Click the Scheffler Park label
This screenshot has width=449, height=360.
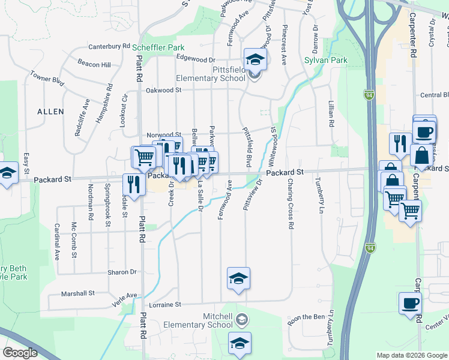157,47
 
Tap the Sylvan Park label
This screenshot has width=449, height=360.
326,61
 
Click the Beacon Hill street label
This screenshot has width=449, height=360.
94,64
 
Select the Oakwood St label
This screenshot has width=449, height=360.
163,90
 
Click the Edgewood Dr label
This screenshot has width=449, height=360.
195,60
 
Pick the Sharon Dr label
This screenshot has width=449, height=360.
122,272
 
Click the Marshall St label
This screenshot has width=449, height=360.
79,293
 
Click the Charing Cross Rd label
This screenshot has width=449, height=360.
291,204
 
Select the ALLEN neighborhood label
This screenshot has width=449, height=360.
50,112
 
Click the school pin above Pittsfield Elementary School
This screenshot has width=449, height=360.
255,59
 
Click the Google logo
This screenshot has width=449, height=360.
20,353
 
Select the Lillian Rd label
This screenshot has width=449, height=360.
331,113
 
